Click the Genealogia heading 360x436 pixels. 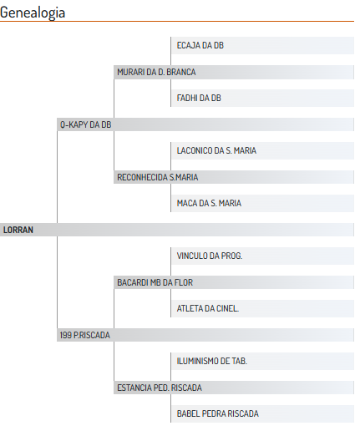(33, 13)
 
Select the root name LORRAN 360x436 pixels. (18, 230)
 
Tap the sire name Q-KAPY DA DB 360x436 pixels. (86, 124)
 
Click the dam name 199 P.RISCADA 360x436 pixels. (85, 335)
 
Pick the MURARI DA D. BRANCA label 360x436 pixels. (156, 72)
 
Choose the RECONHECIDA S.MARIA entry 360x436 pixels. (158, 177)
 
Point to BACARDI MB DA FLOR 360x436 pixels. (155, 282)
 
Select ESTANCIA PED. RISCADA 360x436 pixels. (160, 388)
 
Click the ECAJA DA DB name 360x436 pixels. (200, 45)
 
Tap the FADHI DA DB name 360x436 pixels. (199, 98)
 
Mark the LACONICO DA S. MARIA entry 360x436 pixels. (216, 150)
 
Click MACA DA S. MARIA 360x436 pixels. (209, 203)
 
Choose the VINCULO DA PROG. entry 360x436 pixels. (210, 256)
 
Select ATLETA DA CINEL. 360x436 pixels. (208, 308)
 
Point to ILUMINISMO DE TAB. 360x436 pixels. (212, 361)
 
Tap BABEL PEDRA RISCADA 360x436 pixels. (218, 413)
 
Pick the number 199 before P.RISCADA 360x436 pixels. (66, 335)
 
